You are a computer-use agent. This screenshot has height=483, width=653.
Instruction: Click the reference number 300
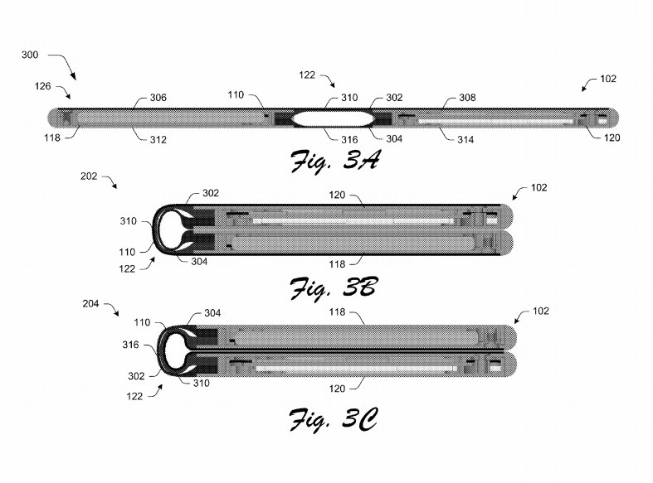pos(30,55)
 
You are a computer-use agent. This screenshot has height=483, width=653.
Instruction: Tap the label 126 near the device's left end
pos(42,86)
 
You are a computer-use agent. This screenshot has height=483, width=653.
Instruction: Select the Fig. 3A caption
pos(335,161)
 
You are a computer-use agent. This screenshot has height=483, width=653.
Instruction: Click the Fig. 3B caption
pos(334,287)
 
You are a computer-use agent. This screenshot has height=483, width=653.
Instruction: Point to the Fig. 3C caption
pos(334,419)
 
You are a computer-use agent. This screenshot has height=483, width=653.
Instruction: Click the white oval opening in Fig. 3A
pos(333,118)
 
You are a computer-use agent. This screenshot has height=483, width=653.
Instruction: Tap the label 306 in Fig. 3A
pos(158,98)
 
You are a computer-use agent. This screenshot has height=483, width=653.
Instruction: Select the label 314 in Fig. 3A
pos(465,140)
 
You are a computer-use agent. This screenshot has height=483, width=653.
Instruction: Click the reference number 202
pos(89,176)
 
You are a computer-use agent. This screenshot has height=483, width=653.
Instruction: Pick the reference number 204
pos(90,304)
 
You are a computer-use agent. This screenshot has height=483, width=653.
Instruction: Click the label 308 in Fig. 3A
pos(467,98)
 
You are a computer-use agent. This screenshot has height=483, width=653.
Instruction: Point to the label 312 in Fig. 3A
pos(158,140)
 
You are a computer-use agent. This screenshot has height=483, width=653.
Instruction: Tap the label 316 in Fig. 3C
pos(130,345)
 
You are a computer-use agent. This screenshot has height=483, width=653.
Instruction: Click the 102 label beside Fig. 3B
pos(538,188)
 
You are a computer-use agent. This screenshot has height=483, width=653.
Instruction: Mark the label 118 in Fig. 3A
pos(52,138)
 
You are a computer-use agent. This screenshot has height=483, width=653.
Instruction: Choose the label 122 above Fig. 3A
pos(307,75)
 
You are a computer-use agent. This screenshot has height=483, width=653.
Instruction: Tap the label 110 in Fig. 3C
pos(142,322)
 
